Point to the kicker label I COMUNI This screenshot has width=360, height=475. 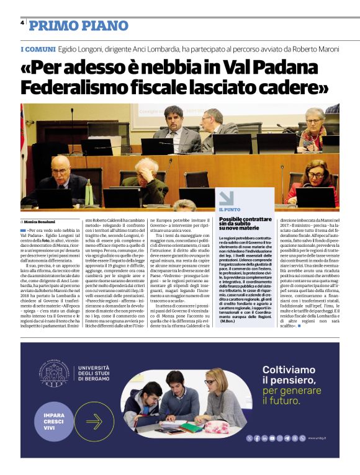[37, 48]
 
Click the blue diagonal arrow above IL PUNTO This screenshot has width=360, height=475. [225, 197]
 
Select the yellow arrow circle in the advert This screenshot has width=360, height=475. [94, 422]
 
